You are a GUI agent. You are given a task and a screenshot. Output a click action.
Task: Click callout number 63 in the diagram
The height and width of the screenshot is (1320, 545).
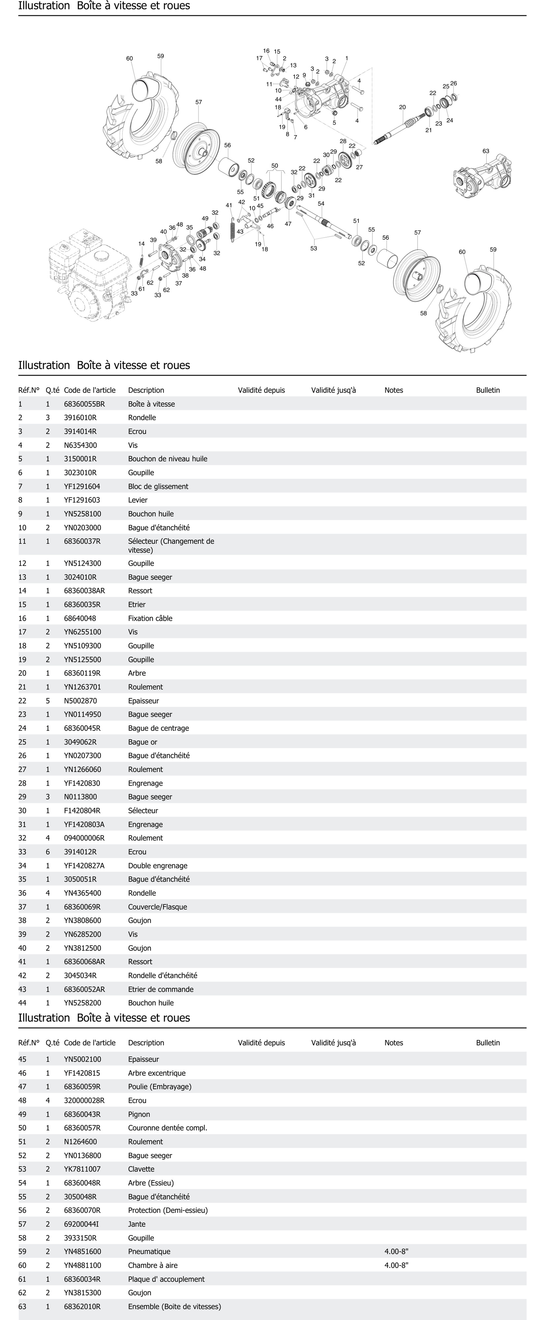(x=486, y=151)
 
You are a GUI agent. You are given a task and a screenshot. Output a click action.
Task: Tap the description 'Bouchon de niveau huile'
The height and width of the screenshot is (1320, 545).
(x=167, y=459)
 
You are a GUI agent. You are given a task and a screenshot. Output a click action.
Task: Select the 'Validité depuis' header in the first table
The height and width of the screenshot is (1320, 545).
(x=261, y=390)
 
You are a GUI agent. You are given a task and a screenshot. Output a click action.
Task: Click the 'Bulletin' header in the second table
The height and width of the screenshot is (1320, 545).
(x=488, y=1043)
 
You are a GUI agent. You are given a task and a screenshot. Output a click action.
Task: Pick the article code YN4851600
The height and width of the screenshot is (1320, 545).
(x=82, y=1251)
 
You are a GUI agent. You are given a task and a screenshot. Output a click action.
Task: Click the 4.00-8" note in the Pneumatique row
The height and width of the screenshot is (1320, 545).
(x=396, y=1251)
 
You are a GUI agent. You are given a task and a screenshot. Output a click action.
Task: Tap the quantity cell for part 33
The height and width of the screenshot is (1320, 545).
(x=48, y=852)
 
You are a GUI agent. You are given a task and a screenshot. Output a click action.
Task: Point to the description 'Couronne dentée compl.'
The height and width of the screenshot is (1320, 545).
(x=167, y=1128)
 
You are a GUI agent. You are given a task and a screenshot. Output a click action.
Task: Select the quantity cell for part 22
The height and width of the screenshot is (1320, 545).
(x=48, y=701)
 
